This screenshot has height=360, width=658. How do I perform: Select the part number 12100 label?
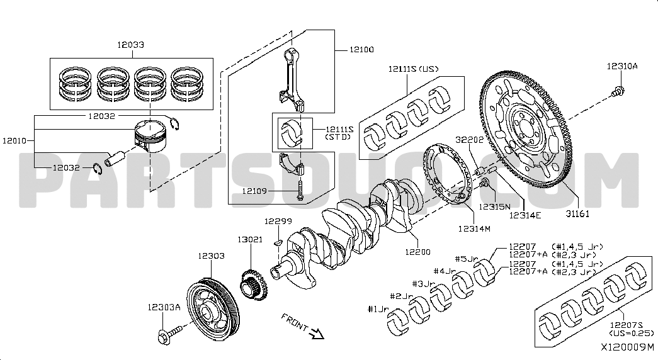tap(361, 49)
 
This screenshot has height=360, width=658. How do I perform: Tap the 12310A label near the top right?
tap(622, 65)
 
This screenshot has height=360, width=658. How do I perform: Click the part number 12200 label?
tap(418, 252)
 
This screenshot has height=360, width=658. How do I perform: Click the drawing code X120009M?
tap(627, 347)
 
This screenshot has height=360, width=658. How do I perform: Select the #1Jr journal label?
tap(380, 308)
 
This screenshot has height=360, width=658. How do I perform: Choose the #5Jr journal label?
tap(467, 259)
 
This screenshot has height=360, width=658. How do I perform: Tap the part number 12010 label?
tap(14, 142)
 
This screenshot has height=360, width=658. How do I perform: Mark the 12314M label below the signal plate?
tap(474, 228)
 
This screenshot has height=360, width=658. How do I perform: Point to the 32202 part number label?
tap(470, 140)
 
